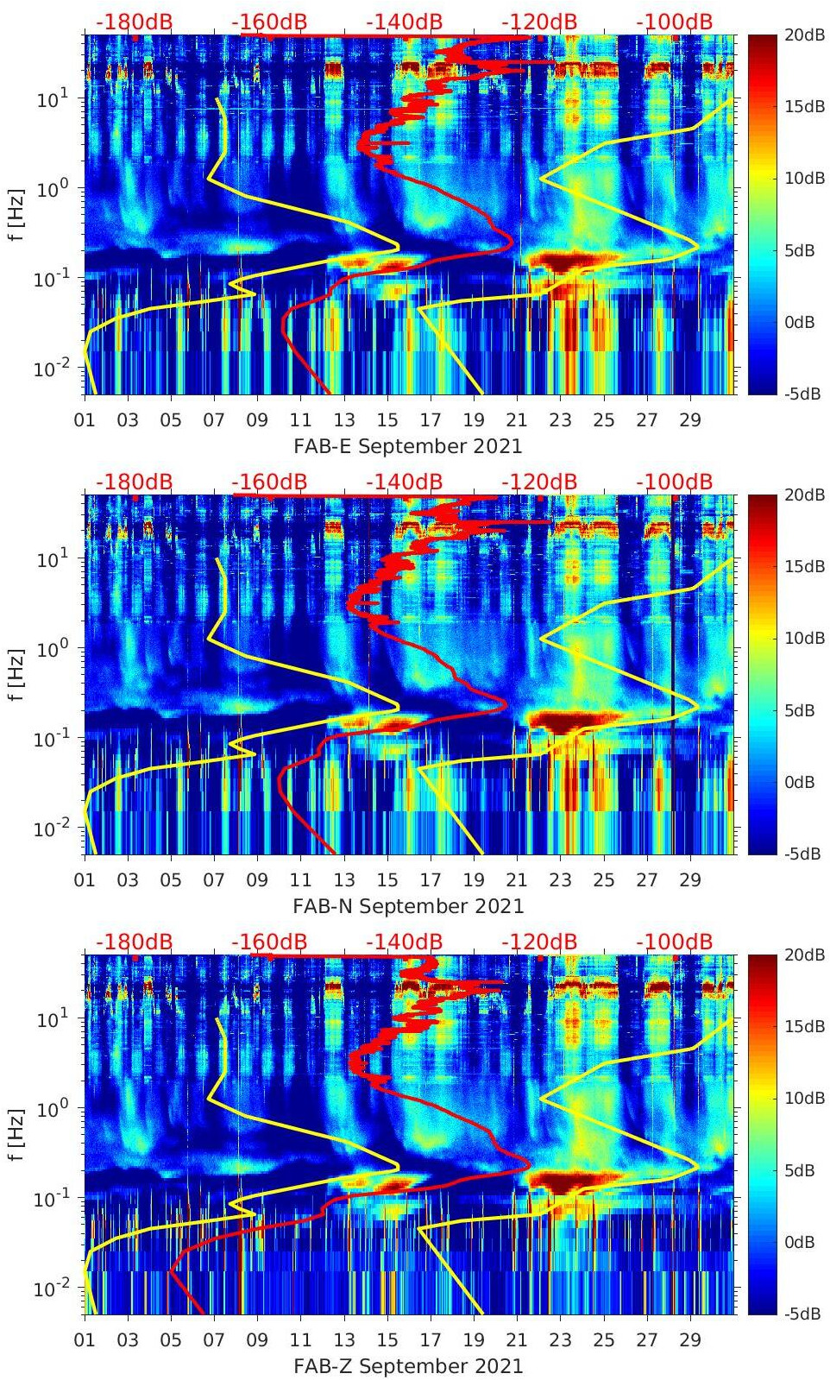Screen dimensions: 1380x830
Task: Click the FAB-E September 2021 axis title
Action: click(408, 446)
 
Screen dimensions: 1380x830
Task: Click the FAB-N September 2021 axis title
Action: click(408, 906)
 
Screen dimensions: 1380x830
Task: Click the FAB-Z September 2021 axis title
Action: click(408, 1366)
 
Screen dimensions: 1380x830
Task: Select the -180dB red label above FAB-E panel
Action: click(134, 22)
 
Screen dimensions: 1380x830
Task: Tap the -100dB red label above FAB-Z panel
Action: click(674, 942)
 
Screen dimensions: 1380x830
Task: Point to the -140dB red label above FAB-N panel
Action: click(404, 482)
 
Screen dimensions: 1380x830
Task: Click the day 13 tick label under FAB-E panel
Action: click(344, 420)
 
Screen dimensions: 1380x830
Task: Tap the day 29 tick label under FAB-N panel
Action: click(690, 880)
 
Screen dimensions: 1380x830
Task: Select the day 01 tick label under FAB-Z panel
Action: click(85, 1340)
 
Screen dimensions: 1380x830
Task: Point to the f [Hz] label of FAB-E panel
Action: click(16, 214)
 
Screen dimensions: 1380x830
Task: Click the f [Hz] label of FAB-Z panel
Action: click(16, 1134)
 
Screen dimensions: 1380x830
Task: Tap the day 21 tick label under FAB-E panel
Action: click(517, 420)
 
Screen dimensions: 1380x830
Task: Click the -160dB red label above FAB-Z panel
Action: click(269, 942)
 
